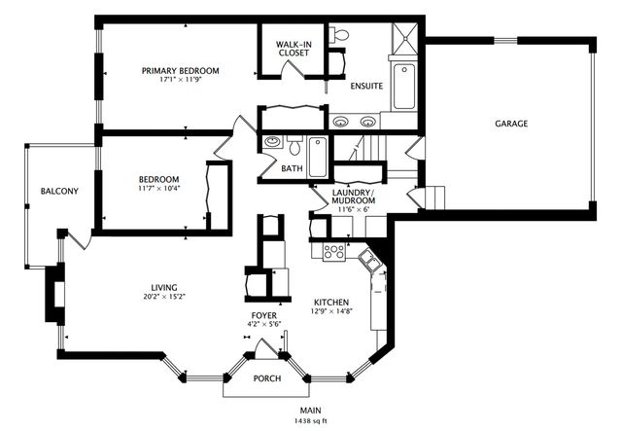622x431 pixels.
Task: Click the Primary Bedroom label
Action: point(181,71)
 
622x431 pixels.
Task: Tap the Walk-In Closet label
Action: point(294,49)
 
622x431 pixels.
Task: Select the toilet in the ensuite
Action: point(339,35)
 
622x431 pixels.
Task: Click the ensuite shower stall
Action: point(404,39)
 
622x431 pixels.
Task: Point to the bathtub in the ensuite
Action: point(404,87)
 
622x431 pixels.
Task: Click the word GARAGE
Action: point(511,124)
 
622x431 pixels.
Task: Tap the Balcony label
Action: point(59,191)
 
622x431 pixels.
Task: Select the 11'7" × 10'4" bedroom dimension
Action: point(159,189)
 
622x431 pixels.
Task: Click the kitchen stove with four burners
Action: point(334,252)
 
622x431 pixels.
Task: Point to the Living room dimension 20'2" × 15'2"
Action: point(164,297)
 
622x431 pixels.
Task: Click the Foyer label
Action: point(264,315)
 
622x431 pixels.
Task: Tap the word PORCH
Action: point(267,378)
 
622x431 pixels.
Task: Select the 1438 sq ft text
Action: point(311,420)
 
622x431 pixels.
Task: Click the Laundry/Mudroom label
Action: point(354,197)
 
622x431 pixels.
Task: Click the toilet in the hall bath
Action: point(294,146)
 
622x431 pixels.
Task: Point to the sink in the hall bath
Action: point(272,141)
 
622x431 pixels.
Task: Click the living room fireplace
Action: point(55,294)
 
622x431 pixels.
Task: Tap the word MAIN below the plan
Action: point(311,411)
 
